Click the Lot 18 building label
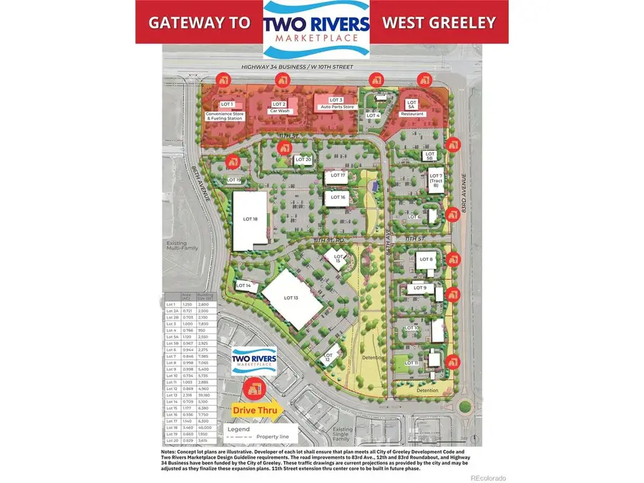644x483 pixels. click(x=250, y=220)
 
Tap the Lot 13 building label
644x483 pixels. click(x=291, y=298)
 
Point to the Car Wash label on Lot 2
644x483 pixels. click(x=278, y=112)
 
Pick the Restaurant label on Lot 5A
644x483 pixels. click(x=413, y=114)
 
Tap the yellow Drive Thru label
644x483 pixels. click(x=254, y=411)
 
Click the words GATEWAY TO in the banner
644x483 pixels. click(x=199, y=22)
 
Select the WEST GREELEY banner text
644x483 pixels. click(x=439, y=22)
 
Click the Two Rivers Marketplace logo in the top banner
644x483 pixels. click(x=317, y=29)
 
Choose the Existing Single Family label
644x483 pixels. click(x=346, y=434)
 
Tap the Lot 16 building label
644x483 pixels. click(x=338, y=197)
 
